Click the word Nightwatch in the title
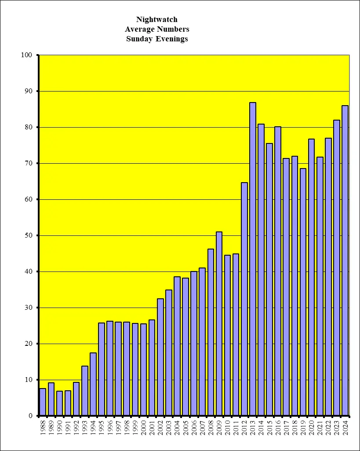(x=157, y=19)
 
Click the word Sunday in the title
(x=140, y=39)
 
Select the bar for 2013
(x=253, y=259)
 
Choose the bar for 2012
(x=244, y=299)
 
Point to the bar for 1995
(x=102, y=369)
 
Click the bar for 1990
(x=59, y=403)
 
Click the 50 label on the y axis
(x=28, y=235)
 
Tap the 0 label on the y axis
(x=30, y=416)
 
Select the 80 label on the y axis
(x=28, y=127)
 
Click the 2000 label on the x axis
(x=144, y=427)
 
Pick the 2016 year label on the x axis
(x=278, y=427)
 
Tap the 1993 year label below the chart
(x=85, y=427)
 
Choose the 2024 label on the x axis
(x=345, y=427)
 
